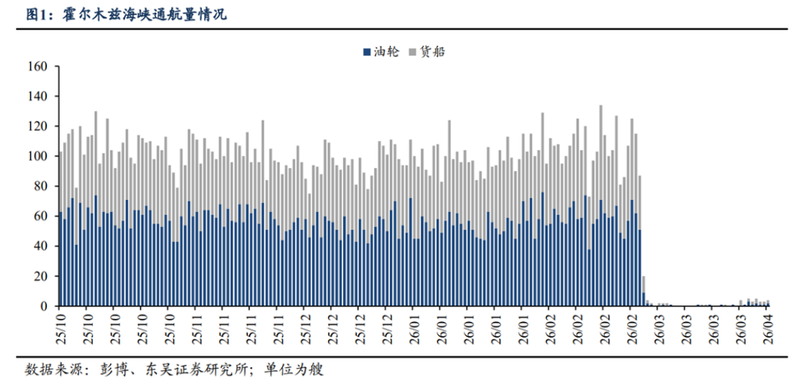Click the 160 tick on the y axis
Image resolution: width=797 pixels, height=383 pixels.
pos(37,67)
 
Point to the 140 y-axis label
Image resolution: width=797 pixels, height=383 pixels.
pos(37,96)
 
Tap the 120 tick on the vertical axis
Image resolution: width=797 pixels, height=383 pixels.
pos(37,126)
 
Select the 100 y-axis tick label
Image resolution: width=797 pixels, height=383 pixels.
pos(37,156)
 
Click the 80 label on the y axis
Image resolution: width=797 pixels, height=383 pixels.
pos(40,186)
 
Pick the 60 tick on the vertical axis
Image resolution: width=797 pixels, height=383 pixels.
pos(40,216)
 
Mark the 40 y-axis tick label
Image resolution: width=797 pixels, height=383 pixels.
pos(40,246)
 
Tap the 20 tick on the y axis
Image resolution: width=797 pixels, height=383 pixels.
pos(40,277)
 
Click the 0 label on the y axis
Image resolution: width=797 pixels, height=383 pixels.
pos(44,307)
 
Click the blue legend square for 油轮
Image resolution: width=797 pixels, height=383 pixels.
pos(367,52)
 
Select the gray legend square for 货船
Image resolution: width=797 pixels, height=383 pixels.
pos(412,52)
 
